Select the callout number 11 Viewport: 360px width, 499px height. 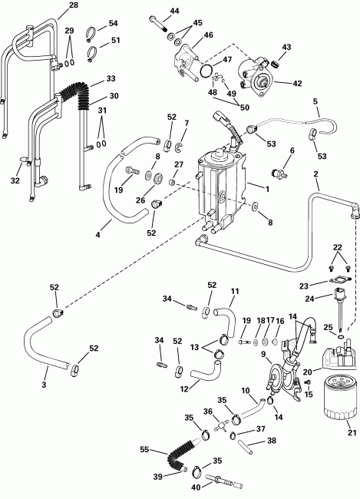point(235,292)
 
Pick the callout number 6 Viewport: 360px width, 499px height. point(292,150)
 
